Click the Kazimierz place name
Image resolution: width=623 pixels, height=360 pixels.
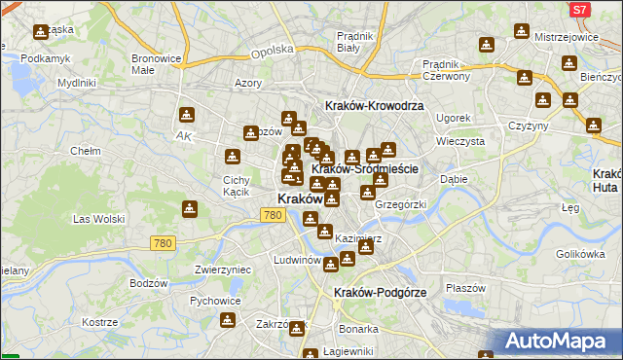pos(355,237)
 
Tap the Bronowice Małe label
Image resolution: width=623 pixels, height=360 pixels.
pos(157,63)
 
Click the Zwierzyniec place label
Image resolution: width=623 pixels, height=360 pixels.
pos(223,270)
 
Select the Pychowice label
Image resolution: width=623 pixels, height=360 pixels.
pos(215,302)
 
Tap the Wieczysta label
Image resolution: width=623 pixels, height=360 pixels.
pos(459,140)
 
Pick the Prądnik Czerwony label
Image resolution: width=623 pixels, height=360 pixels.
pos(447,69)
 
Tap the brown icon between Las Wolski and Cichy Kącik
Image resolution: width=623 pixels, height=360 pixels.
pos(190,207)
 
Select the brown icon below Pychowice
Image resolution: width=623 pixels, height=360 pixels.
pos(228,321)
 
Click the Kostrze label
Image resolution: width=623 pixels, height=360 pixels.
pos(99,322)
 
